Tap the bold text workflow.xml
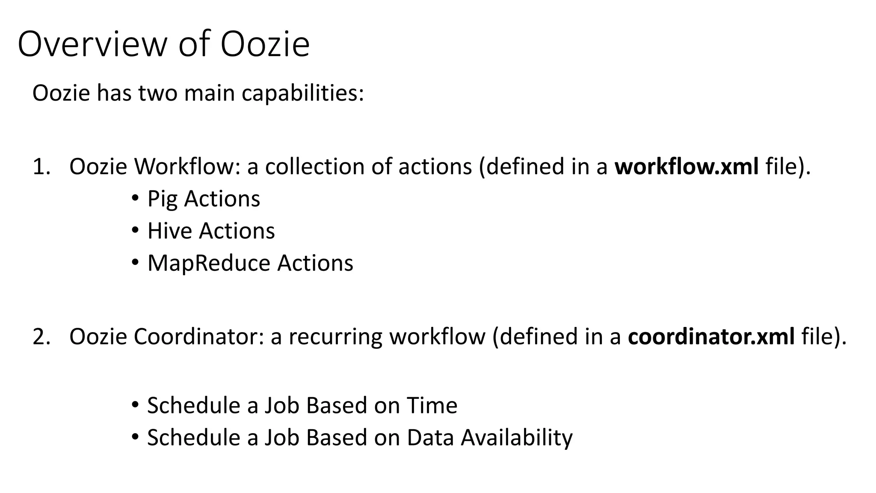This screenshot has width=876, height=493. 687,166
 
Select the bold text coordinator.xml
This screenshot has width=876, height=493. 711,336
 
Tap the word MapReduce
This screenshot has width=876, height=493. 208,263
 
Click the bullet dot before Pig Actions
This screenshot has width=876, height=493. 135,198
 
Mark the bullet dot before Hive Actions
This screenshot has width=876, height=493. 135,230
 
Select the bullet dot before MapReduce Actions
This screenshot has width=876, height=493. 135,262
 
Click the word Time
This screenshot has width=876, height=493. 432,405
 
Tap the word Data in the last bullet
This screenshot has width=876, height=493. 430,438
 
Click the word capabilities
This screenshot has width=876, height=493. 302,93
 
